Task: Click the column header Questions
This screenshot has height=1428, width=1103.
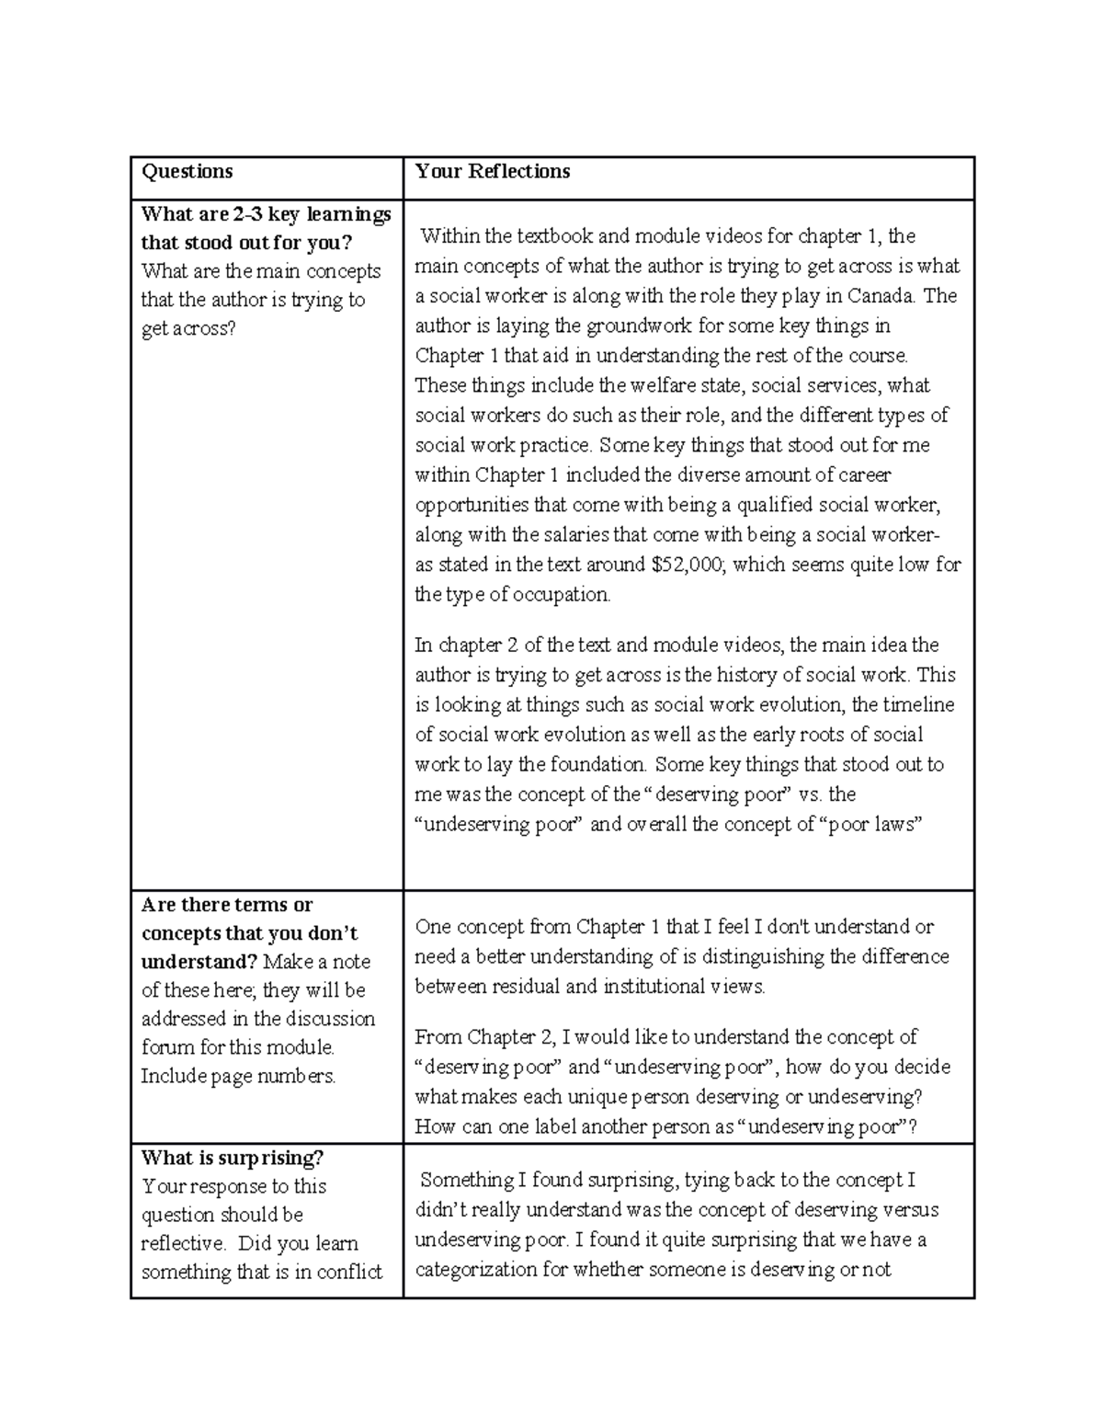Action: [187, 171]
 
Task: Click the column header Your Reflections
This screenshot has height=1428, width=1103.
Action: [492, 171]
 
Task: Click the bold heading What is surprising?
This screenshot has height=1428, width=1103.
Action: [233, 1158]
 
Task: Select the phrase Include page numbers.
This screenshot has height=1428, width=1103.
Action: [238, 1076]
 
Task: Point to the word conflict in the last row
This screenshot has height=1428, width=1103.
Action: [349, 1273]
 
